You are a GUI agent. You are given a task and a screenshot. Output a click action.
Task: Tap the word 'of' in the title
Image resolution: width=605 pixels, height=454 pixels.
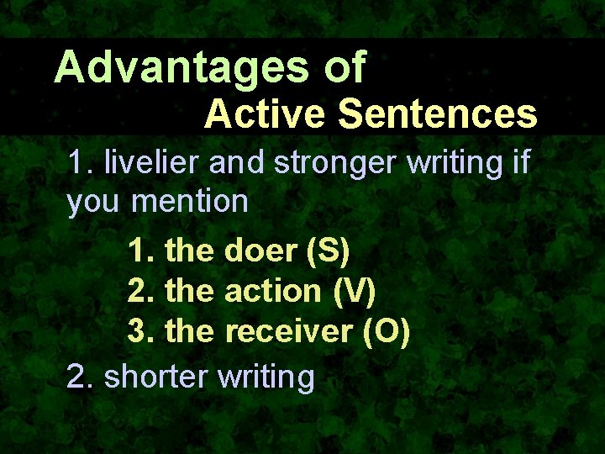345,67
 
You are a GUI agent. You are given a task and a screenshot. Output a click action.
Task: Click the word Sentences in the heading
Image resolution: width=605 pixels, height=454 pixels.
433,114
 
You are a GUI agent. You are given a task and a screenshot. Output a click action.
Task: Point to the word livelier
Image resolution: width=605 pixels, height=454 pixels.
152,162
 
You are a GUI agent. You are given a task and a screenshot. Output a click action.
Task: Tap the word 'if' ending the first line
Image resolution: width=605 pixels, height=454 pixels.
519,161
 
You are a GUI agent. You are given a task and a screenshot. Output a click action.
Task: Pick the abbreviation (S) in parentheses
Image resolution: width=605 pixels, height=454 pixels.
330,251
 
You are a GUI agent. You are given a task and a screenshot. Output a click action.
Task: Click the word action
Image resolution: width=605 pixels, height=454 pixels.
273,291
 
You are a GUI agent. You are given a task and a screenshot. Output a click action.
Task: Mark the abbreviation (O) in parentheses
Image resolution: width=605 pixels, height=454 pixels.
387,332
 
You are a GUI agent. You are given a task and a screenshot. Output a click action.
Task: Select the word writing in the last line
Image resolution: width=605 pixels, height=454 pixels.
266,377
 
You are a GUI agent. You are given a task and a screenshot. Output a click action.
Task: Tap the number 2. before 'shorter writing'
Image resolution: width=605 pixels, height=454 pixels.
80,376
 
